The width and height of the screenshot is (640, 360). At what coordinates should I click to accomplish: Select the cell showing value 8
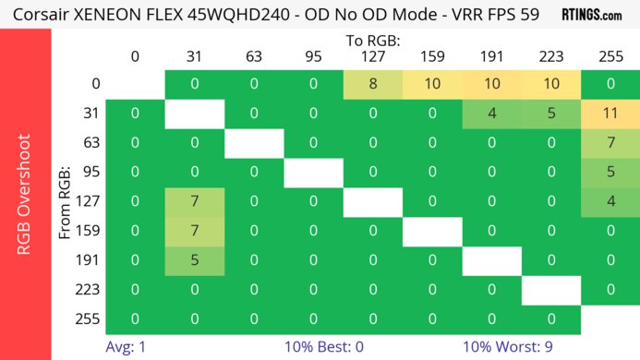coord(372,85)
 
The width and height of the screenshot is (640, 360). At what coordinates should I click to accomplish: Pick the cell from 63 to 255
coord(610,143)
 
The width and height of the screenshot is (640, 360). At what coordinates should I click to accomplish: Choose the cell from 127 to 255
coord(610,201)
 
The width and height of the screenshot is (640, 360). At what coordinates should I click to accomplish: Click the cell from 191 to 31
coord(195,259)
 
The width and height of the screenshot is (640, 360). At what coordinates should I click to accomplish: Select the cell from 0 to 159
coord(432,85)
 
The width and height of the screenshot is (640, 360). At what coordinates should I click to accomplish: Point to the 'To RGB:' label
coord(372,42)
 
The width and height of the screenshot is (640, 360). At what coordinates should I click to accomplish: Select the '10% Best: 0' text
coord(320,348)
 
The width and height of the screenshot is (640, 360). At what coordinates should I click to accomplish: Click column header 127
coord(372,57)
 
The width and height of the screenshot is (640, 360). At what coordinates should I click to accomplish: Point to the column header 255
coord(610,57)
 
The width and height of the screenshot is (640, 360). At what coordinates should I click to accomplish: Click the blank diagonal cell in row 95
coord(313,173)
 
